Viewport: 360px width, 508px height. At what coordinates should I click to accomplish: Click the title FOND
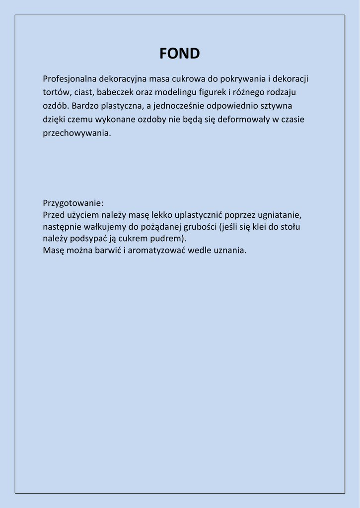click(x=180, y=54)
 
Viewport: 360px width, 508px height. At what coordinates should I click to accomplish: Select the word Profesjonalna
click(x=70, y=79)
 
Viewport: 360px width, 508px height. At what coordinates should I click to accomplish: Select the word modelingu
click(x=176, y=92)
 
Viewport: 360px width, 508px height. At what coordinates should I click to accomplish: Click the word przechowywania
click(x=76, y=133)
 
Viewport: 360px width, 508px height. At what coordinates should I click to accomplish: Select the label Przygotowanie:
click(x=73, y=203)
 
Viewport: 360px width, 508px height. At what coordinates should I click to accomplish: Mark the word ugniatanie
click(x=280, y=215)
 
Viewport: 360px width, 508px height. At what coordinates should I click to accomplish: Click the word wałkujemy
click(x=106, y=227)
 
